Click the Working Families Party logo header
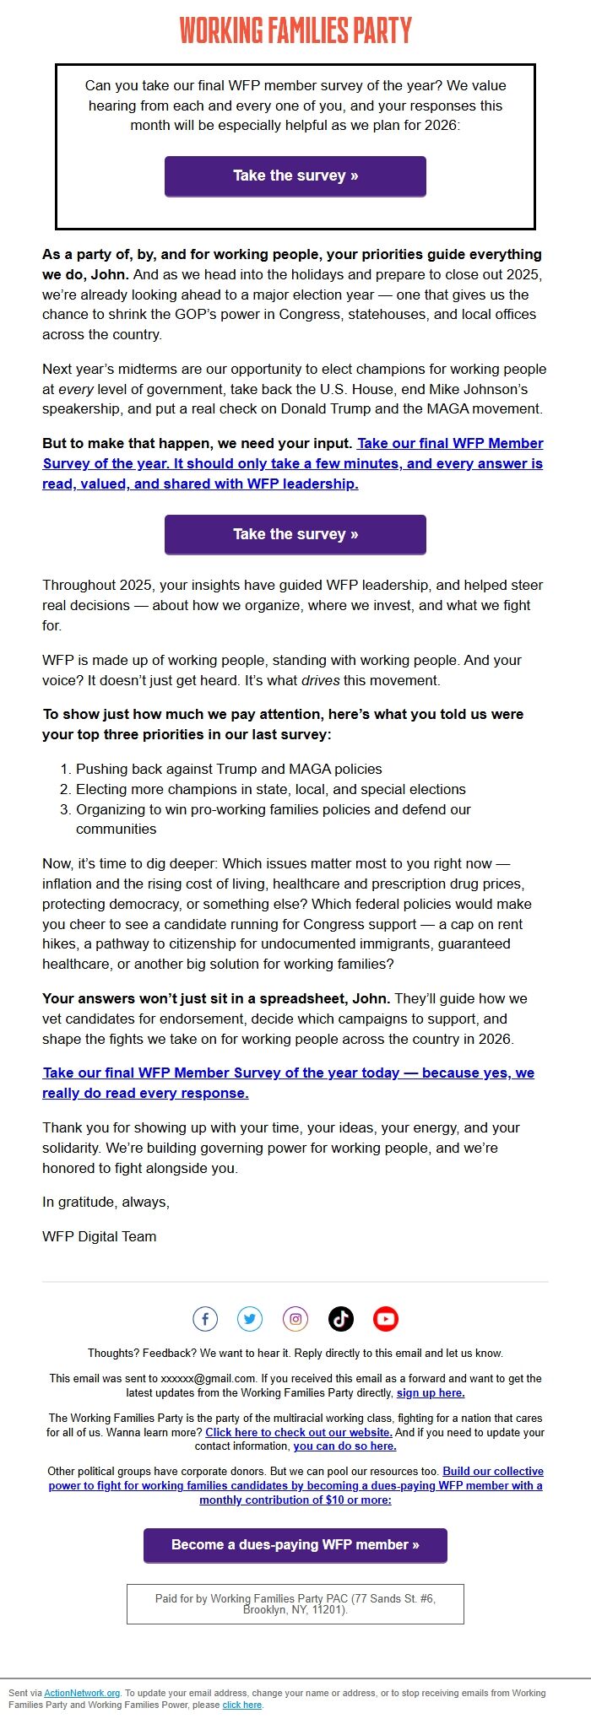tap(295, 30)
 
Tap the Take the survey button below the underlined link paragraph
tap(295, 534)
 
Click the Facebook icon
tap(205, 1318)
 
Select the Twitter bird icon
tap(250, 1318)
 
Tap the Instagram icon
tap(295, 1318)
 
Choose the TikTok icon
tap(341, 1318)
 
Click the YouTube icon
tap(386, 1318)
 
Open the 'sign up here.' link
tap(431, 1392)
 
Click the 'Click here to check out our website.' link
tap(299, 1432)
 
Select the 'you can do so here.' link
tap(344, 1446)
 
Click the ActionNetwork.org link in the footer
tap(82, 1693)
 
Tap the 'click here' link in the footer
tap(242, 1705)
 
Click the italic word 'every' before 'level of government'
tap(75, 389)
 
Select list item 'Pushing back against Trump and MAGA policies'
tap(229, 769)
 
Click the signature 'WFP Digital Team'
tap(100, 1236)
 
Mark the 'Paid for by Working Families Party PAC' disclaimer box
tap(295, 1603)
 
